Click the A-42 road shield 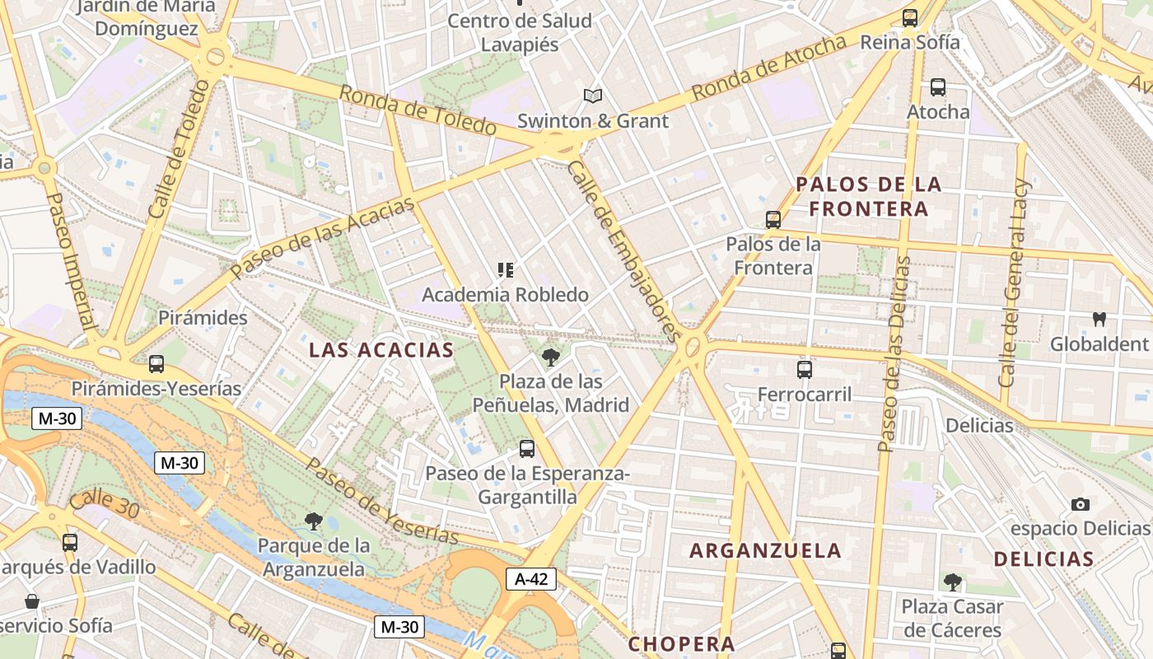click(531, 579)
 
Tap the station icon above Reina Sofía click(910, 17)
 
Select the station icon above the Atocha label click(937, 86)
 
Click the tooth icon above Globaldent click(1099, 319)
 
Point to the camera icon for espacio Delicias click(1081, 504)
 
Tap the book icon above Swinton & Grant click(593, 96)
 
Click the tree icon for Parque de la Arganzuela click(313, 521)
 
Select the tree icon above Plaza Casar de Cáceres click(952, 582)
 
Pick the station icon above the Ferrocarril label click(805, 370)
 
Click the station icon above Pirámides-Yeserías click(156, 363)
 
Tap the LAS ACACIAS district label click(381, 350)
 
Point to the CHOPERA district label click(681, 643)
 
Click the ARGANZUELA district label click(765, 550)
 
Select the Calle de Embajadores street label click(624, 250)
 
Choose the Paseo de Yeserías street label click(382, 500)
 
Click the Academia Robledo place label click(506, 294)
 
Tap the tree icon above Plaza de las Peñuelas click(550, 357)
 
